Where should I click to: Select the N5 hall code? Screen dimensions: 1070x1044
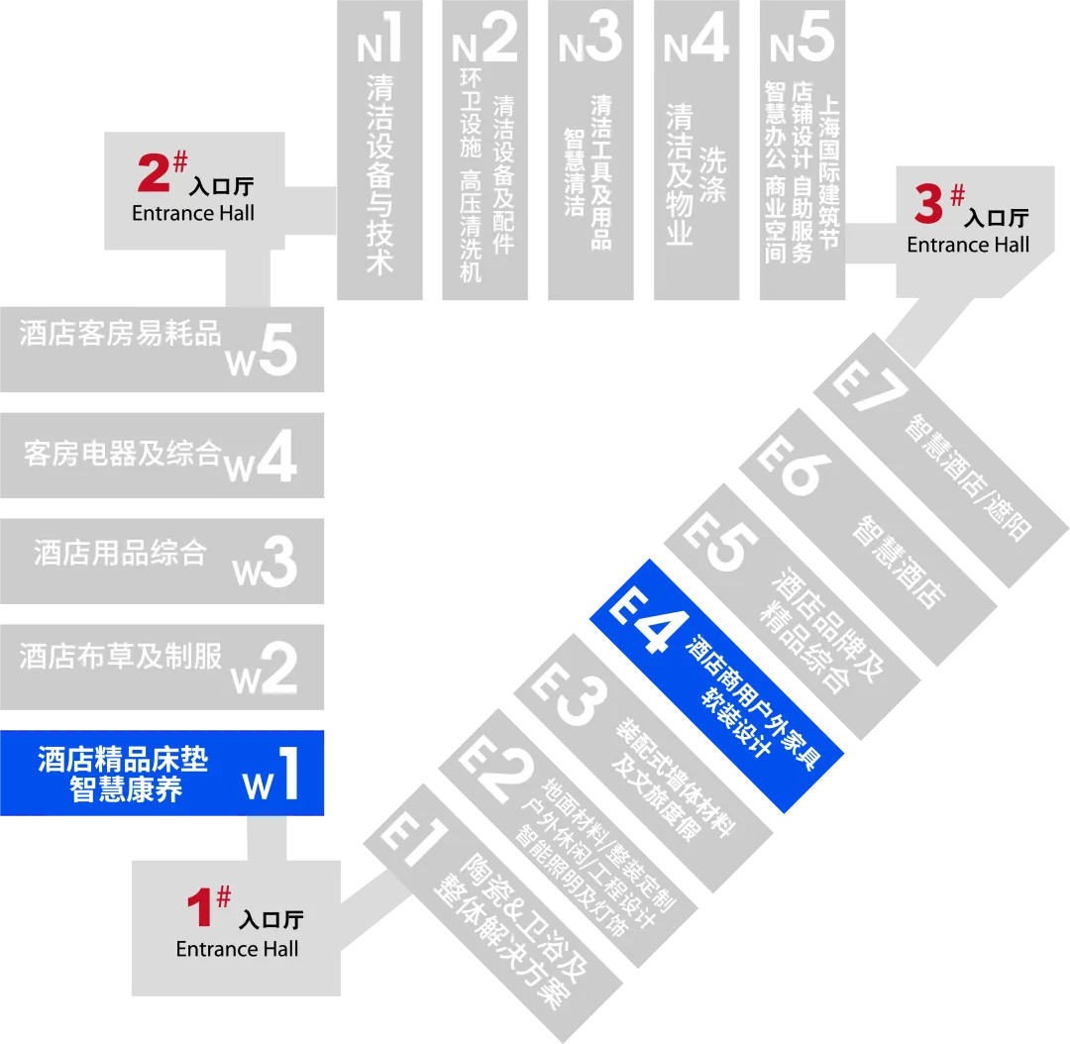[x=802, y=40]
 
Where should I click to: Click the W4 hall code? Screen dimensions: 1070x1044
[x=262, y=457]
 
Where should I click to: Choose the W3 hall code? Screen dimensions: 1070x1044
[x=265, y=562]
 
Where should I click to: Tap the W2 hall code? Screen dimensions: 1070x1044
[x=265, y=668]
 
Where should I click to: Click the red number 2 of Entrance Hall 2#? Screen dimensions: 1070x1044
[x=155, y=173]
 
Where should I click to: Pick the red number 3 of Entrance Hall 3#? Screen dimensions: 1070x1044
[x=928, y=205]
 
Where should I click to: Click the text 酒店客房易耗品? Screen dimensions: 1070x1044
[x=120, y=334]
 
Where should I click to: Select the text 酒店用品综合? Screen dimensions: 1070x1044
[x=120, y=552]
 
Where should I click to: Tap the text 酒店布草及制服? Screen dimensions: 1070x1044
[x=120, y=657]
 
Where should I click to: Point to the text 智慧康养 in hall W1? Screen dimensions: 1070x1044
[x=126, y=789]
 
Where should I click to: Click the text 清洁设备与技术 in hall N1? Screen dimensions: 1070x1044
[x=379, y=173]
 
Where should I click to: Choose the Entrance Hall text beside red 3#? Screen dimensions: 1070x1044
[x=968, y=245]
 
